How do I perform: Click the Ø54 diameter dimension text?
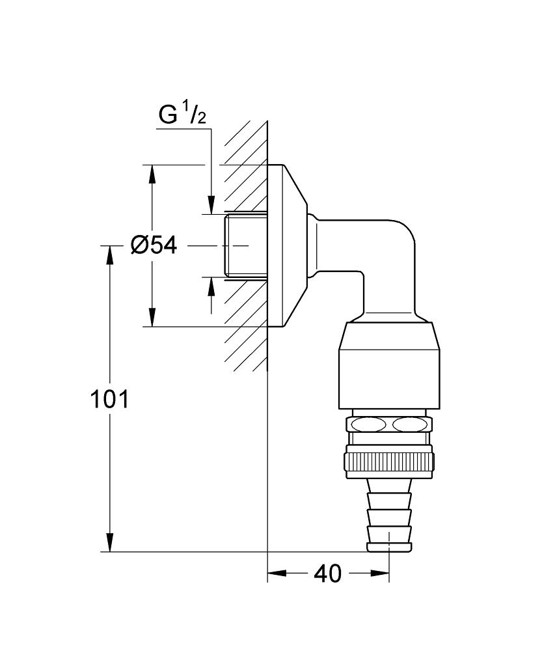pyautogui.click(x=154, y=246)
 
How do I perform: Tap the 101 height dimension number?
pyautogui.click(x=109, y=400)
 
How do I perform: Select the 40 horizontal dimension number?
pyautogui.click(x=327, y=574)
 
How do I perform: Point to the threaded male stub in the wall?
pyautogui.click(x=246, y=245)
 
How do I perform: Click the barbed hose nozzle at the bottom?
pyautogui.click(x=389, y=516)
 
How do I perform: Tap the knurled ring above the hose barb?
pyautogui.click(x=389, y=461)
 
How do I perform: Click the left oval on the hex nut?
pyautogui.click(x=367, y=424)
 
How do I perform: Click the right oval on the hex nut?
pyautogui.click(x=410, y=424)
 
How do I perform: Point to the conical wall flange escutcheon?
pyautogui.click(x=287, y=246)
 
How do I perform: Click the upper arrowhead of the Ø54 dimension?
pyautogui.click(x=152, y=174)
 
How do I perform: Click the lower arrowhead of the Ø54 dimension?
pyautogui.click(x=152, y=317)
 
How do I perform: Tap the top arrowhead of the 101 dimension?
pyautogui.click(x=109, y=255)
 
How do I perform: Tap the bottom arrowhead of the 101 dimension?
pyautogui.click(x=109, y=543)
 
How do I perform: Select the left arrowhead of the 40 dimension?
pyautogui.click(x=277, y=574)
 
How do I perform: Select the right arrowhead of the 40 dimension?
pyautogui.click(x=380, y=574)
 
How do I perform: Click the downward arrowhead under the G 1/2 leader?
pyautogui.click(x=211, y=204)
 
